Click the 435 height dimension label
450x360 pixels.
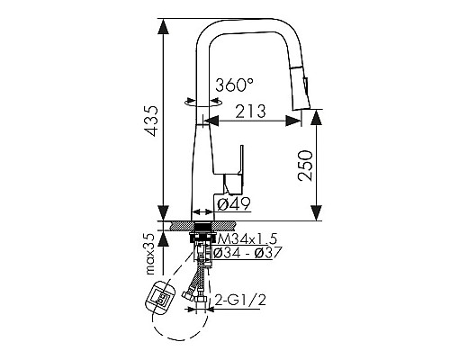pyautogui.click(x=150, y=121)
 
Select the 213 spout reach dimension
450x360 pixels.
pyautogui.click(x=250, y=112)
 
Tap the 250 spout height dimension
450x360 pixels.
pyautogui.click(x=305, y=166)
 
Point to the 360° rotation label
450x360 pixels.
pyautogui.click(x=235, y=85)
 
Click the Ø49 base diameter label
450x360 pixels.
pyautogui.click(x=234, y=204)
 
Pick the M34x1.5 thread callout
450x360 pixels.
pyautogui.click(x=247, y=238)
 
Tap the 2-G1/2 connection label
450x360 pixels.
pyautogui.click(x=240, y=300)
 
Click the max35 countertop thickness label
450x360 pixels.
pyautogui.click(x=150, y=255)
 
